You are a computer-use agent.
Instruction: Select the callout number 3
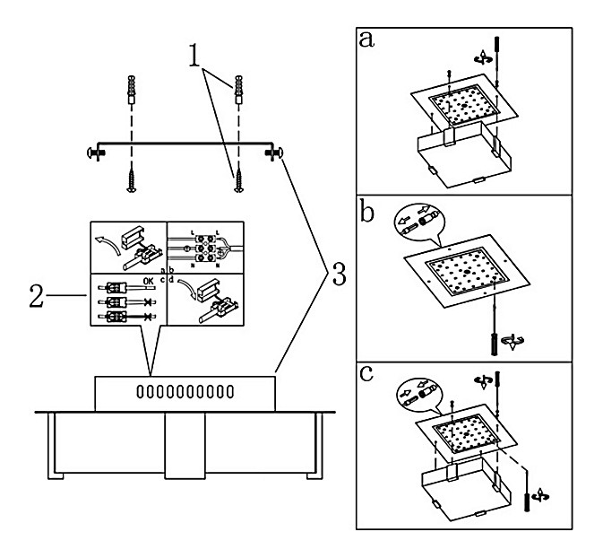click(337, 276)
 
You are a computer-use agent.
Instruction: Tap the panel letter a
click(366, 39)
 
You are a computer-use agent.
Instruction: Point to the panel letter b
click(366, 212)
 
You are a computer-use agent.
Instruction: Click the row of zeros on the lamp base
click(185, 392)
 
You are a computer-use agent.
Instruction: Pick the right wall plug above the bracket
click(238, 92)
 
